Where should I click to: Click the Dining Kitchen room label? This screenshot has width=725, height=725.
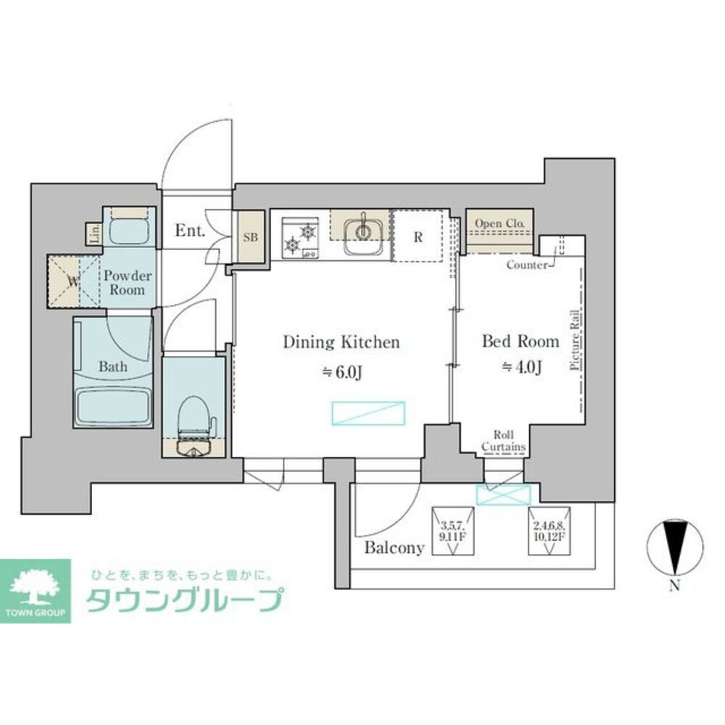[x=341, y=342]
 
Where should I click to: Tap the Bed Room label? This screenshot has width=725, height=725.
[x=521, y=341]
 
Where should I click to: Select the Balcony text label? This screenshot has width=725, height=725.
[x=394, y=548]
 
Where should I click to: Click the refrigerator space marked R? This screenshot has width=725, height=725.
[x=418, y=236]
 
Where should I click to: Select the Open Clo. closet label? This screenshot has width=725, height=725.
[x=500, y=223]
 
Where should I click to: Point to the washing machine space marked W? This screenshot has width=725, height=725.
[x=72, y=281]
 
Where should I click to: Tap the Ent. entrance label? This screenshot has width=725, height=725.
[x=191, y=232]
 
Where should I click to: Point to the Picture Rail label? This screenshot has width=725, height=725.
[x=574, y=340]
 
